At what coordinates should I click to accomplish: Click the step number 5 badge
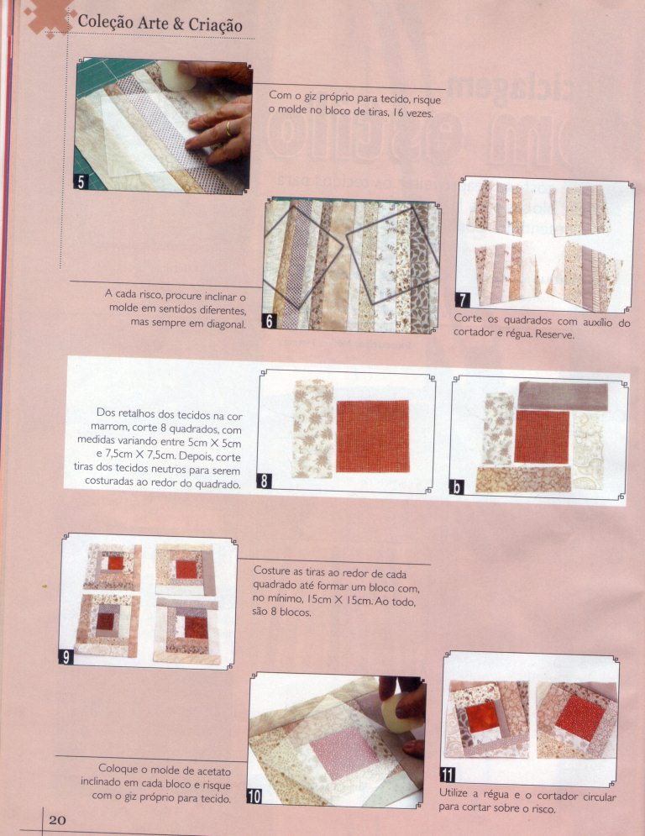coord(81,182)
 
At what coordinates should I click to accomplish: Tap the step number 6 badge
coord(270,321)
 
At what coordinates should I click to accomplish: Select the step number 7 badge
coord(462,300)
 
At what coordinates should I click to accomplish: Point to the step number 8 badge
coord(264,481)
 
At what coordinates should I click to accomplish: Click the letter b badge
coord(457,487)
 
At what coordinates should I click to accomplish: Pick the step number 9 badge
coord(66,657)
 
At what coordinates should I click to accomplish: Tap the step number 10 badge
coord(254,797)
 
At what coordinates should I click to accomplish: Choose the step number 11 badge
coord(448,774)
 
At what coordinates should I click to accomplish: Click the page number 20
coord(58,819)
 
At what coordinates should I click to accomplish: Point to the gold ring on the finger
coord(228,129)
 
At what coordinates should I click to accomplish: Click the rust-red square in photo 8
coord(373,436)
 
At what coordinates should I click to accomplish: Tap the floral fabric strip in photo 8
coord(313,429)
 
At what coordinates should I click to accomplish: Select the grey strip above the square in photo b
coord(563,395)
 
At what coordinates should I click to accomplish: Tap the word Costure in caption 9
coord(271,570)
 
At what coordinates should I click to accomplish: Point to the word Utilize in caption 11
coord(454,793)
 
